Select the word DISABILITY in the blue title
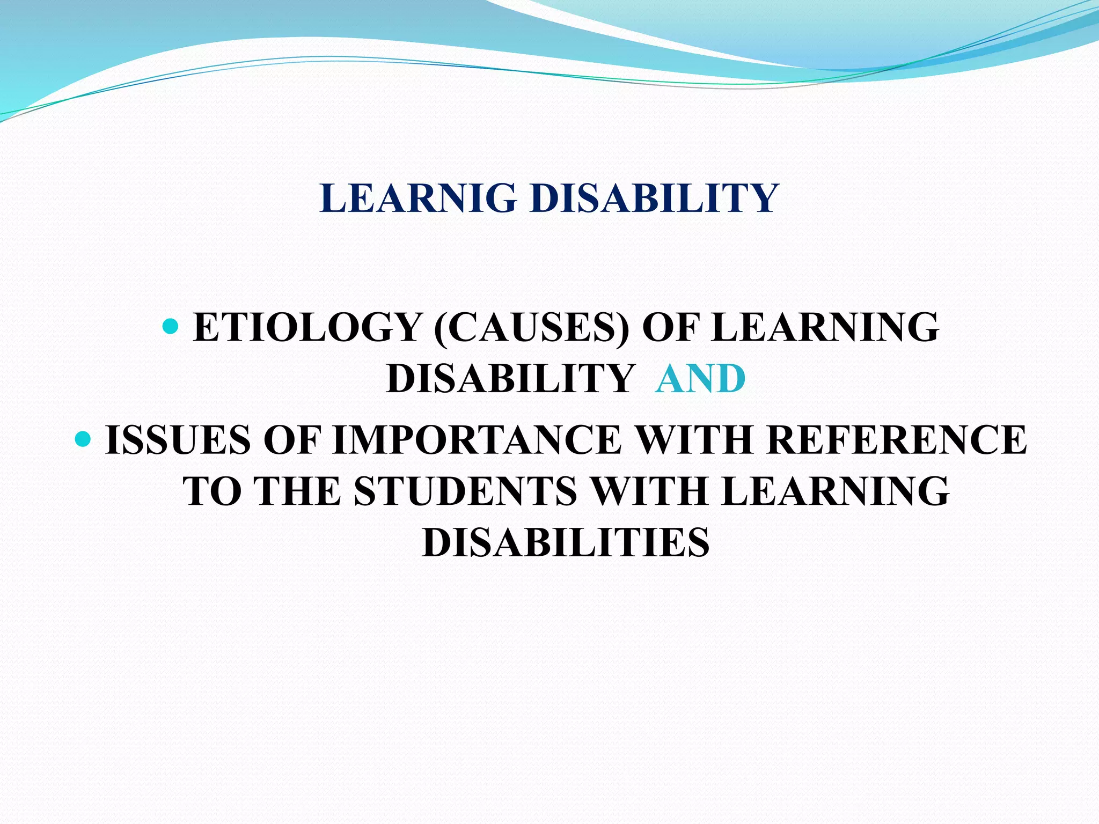[655, 198]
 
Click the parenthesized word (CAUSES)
[531, 327]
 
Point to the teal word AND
[700, 379]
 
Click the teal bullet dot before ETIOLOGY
[170, 325]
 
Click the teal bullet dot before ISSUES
[83, 438]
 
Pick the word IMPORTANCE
[478, 440]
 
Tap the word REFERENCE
[896, 440]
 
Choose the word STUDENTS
[465, 491]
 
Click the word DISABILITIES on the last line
[566, 542]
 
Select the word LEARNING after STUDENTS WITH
[835, 491]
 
